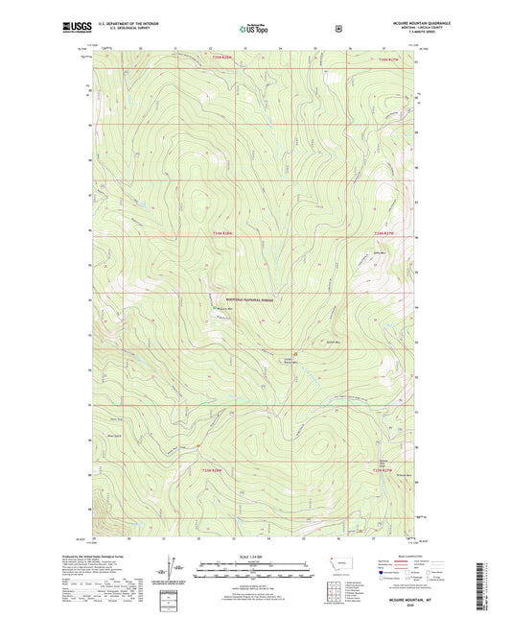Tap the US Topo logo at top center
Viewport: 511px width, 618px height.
click(x=252, y=29)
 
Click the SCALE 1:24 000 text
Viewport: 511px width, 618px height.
click(x=254, y=556)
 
